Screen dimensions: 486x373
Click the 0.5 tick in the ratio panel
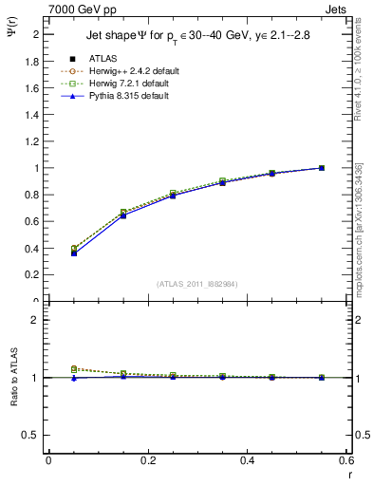pyautogui.click(x=33, y=435)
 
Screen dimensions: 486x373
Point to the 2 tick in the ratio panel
pyautogui.click(x=36, y=320)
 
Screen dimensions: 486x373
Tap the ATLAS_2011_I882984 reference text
pyautogui.click(x=197, y=284)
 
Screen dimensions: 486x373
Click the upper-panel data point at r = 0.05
pyautogui.click(x=74, y=252)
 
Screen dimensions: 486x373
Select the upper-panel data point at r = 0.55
pyautogui.click(x=322, y=168)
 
